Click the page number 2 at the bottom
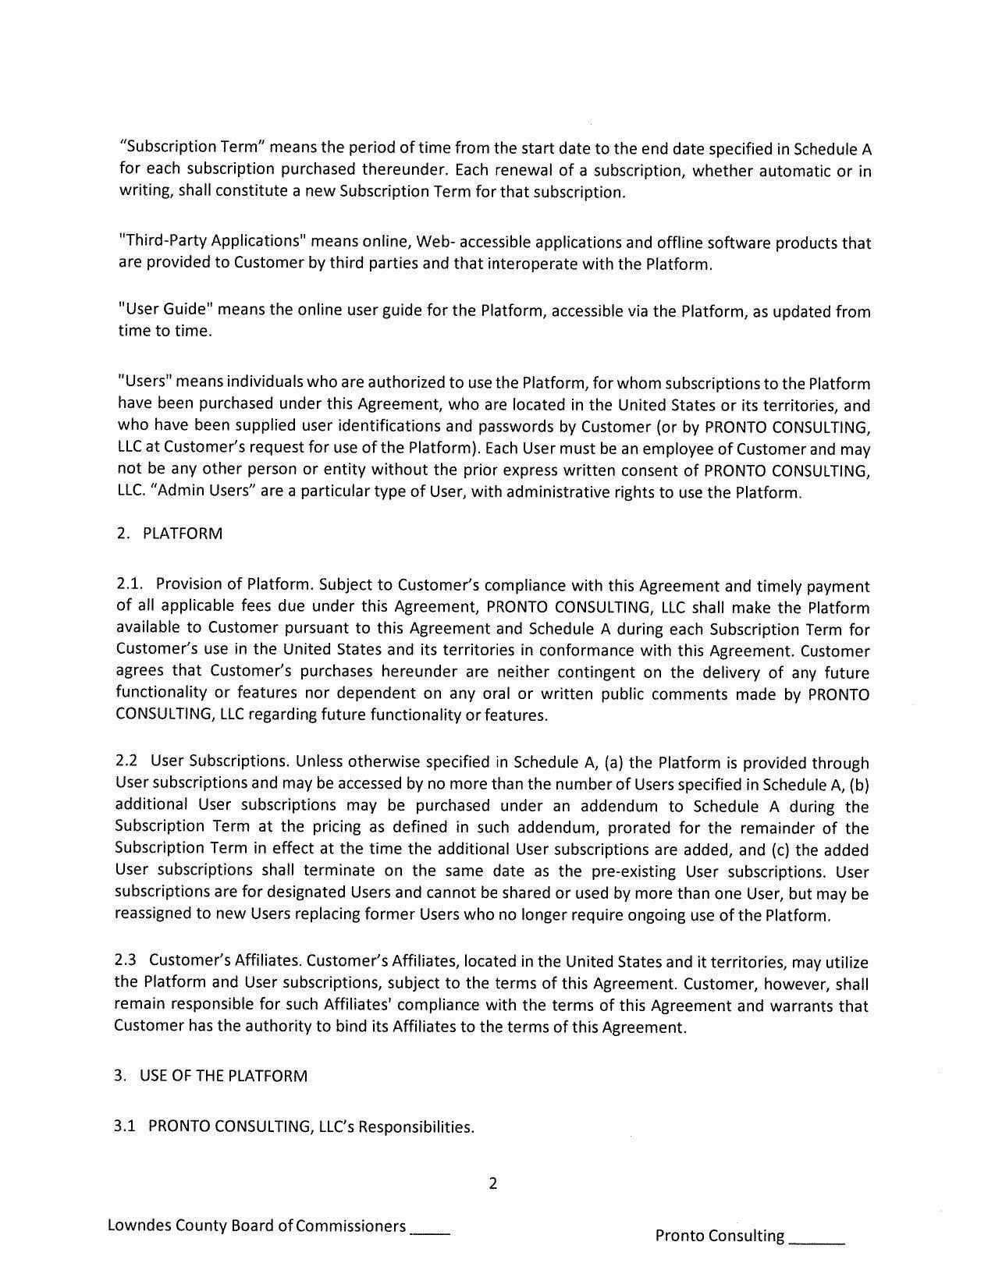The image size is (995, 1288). [x=492, y=1183]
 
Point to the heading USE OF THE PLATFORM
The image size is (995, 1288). [x=223, y=1076]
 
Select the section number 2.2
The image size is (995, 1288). [x=127, y=761]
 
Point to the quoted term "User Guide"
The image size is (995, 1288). [x=165, y=309]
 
